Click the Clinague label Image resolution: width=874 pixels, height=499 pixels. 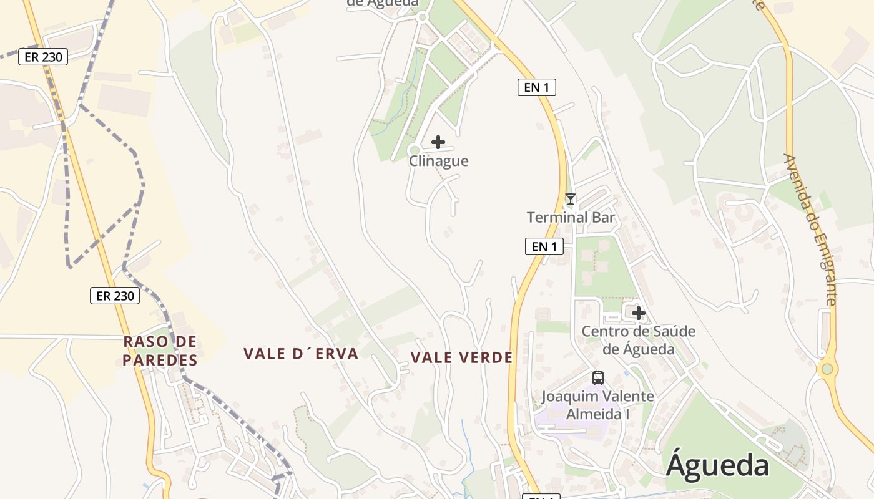click(438, 161)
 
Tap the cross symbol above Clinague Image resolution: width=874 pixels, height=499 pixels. click(438, 142)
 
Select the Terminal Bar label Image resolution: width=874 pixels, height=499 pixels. click(571, 218)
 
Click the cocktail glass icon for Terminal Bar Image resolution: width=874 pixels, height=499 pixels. click(570, 199)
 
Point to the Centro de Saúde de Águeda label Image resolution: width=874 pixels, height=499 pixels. click(638, 340)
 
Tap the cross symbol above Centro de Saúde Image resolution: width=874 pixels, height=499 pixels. click(638, 312)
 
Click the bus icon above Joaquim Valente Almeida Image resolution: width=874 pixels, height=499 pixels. click(597, 377)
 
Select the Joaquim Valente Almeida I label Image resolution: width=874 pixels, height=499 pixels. click(597, 405)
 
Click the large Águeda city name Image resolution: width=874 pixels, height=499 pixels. click(717, 466)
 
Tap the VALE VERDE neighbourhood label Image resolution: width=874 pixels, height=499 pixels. click(462, 357)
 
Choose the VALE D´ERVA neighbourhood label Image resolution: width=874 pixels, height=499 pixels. click(301, 354)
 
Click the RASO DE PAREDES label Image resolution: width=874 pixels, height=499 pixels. click(160, 351)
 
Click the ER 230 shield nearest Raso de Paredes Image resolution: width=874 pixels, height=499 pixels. click(115, 296)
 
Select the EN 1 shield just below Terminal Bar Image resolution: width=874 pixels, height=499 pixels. click(544, 246)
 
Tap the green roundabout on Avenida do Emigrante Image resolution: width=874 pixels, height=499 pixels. click(827, 369)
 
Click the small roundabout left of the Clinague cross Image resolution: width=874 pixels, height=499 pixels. click(414, 150)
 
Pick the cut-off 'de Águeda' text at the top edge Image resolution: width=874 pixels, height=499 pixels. click(382, 3)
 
